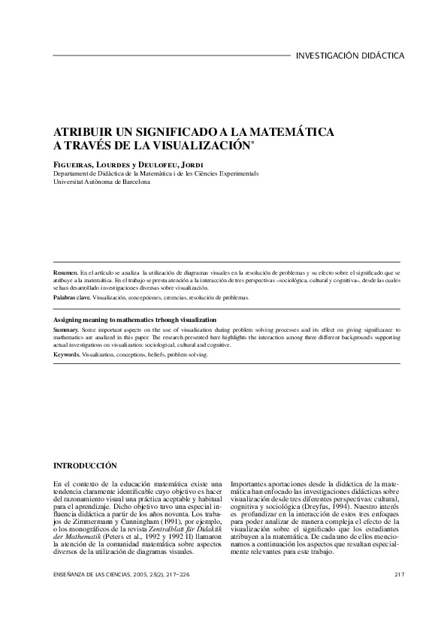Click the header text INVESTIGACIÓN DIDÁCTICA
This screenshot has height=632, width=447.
coord(351,56)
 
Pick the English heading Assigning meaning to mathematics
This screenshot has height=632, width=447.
coord(135,319)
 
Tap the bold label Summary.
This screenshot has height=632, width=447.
coord(67,330)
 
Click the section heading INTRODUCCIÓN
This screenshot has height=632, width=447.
coord(86,465)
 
